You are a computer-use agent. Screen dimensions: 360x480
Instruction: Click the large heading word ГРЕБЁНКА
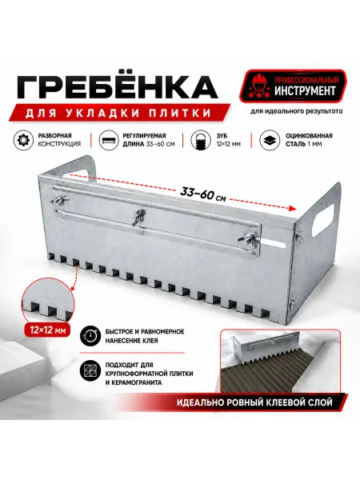pyautogui.click(x=118, y=86)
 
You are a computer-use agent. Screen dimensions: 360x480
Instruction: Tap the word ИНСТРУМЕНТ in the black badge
pyautogui.click(x=305, y=91)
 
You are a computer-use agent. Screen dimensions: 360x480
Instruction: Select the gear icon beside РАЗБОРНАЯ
pyautogui.click(x=23, y=140)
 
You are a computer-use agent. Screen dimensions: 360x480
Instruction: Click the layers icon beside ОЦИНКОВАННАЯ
pyautogui.click(x=270, y=140)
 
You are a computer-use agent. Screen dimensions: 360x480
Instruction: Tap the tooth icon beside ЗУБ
pyautogui.click(x=201, y=140)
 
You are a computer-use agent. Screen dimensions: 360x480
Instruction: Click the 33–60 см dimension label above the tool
pyautogui.click(x=203, y=194)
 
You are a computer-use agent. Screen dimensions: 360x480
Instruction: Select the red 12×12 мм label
pyautogui.click(x=48, y=330)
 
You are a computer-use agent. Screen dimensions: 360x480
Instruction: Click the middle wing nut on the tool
pyautogui.click(x=139, y=217)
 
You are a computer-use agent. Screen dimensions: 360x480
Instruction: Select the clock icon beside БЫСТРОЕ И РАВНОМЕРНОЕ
pyautogui.click(x=90, y=336)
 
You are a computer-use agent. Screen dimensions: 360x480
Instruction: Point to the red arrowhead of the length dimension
pyautogui.click(x=292, y=208)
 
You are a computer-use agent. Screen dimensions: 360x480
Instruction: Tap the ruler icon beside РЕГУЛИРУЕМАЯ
pyautogui.click(x=109, y=140)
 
